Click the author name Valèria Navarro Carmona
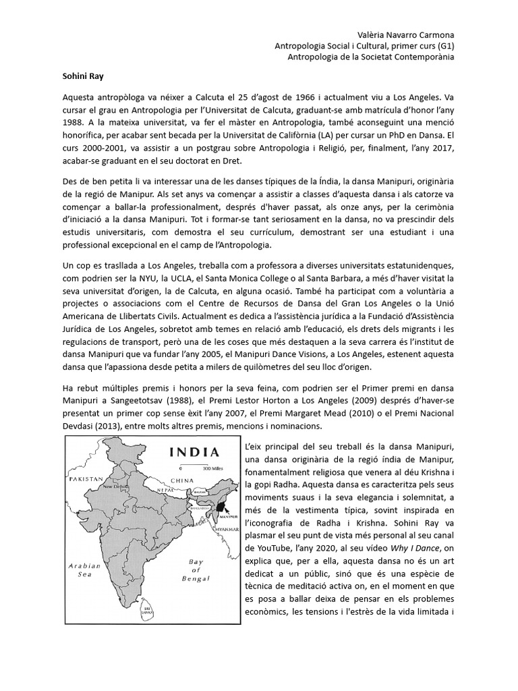404,34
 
